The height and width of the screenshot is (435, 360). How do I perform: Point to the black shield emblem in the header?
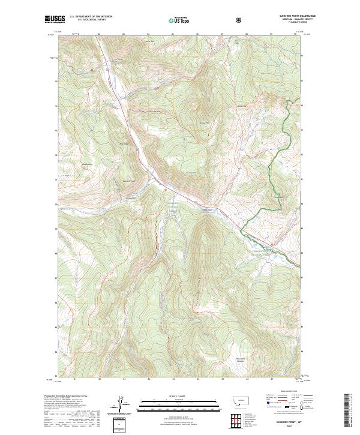pyautogui.click(x=240, y=20)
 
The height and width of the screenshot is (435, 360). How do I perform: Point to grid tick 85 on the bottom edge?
pyautogui.click(x=173, y=379)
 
